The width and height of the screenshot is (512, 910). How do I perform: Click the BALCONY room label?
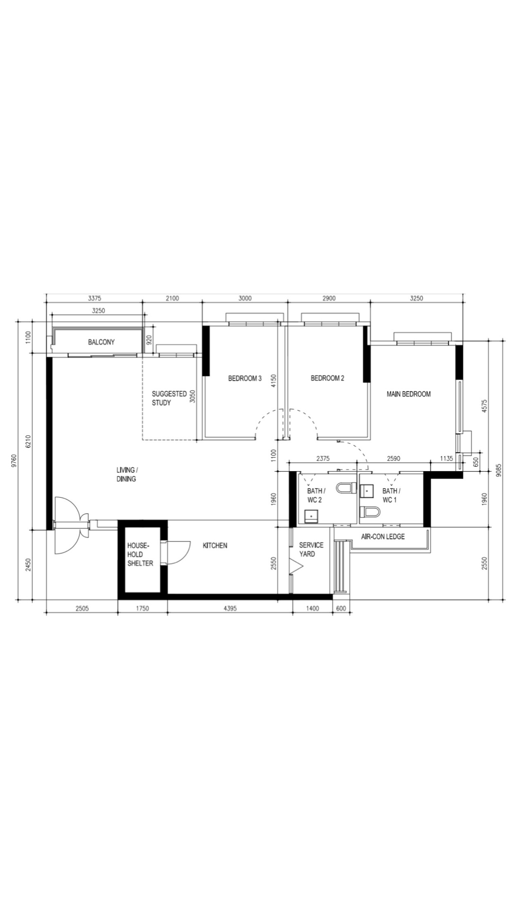[x=101, y=342]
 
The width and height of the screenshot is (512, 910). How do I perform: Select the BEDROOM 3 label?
[x=245, y=378]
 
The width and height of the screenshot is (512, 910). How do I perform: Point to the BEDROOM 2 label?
[x=327, y=378]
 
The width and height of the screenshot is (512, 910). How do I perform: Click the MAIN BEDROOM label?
[x=408, y=394]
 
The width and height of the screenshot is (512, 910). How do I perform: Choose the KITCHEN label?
[x=215, y=546]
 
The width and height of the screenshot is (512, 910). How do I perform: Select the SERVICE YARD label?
[x=311, y=549]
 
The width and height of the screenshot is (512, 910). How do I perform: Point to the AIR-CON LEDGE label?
[x=383, y=537]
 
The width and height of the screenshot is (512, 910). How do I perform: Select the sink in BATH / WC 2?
[x=311, y=516]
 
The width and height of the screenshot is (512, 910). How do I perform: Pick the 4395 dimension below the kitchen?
[x=230, y=608]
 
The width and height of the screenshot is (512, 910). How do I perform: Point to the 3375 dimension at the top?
[x=94, y=299]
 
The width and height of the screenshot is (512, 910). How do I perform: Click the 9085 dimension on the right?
[x=498, y=471]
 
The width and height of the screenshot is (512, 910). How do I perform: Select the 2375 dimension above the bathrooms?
[x=322, y=459]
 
